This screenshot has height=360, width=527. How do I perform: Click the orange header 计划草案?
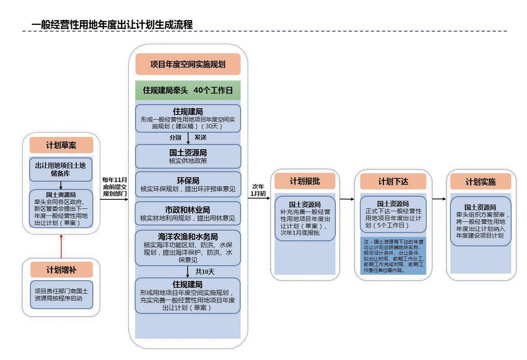[61, 145]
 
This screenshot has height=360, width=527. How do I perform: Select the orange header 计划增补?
[61, 270]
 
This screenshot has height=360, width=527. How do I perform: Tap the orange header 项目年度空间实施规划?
[188, 64]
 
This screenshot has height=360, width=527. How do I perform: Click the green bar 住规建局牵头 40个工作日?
[188, 90]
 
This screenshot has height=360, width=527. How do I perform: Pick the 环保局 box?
[188, 184]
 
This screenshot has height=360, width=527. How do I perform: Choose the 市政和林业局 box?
[188, 214]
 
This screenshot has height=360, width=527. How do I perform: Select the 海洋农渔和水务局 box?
[188, 248]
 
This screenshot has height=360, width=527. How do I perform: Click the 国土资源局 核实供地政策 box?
[188, 156]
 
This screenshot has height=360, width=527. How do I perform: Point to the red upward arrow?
[61, 246]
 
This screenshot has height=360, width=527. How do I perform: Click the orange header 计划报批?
[305, 181]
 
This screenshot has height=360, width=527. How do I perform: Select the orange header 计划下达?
[393, 182]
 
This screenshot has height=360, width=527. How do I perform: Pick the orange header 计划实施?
[480, 182]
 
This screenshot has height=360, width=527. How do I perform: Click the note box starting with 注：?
[393, 256]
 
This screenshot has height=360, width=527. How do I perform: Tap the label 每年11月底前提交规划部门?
[115, 186]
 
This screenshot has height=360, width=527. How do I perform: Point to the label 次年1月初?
[258, 190]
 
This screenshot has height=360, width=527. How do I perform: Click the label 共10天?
[205, 272]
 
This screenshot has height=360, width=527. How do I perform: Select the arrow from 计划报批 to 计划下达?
[347, 199]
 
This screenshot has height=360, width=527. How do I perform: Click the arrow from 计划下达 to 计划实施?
[439, 199]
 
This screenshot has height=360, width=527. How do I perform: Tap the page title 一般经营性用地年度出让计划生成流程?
[112, 24]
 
